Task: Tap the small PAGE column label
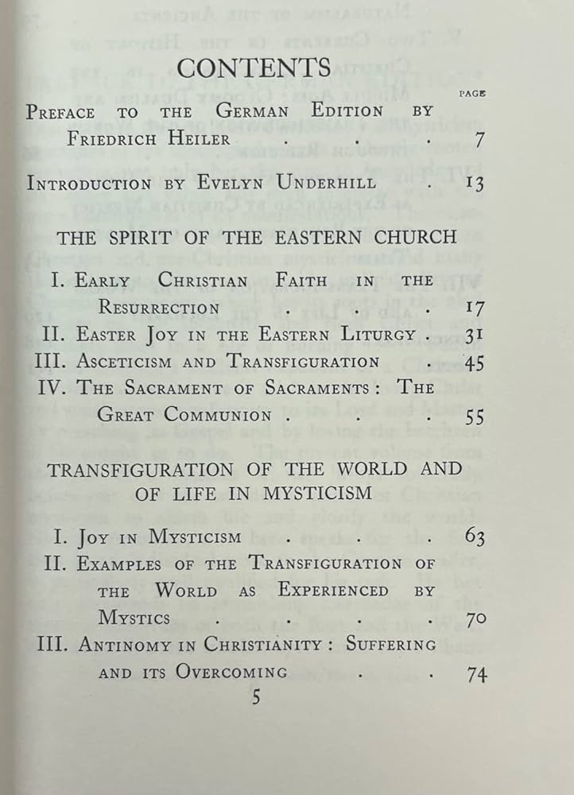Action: click(472, 93)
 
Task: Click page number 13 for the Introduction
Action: click(475, 184)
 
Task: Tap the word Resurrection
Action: click(158, 307)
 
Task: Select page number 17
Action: click(475, 308)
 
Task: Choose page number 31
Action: click(475, 335)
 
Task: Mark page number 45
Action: click(474, 362)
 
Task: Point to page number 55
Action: click(475, 416)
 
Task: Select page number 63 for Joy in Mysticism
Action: click(475, 537)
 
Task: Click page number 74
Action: click(476, 674)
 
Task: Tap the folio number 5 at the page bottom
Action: click(255, 697)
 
